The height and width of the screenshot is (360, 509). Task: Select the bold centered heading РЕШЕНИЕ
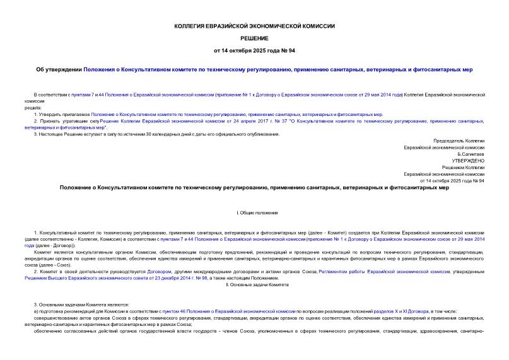pos(254,38)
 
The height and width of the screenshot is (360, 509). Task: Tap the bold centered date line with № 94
pos(254,51)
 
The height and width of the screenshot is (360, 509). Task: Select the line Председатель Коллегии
pos(459,141)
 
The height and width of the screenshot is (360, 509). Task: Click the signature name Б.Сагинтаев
pos(471,154)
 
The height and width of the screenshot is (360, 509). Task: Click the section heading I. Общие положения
pos(254,214)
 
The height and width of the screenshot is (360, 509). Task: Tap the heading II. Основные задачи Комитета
pos(254,285)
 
